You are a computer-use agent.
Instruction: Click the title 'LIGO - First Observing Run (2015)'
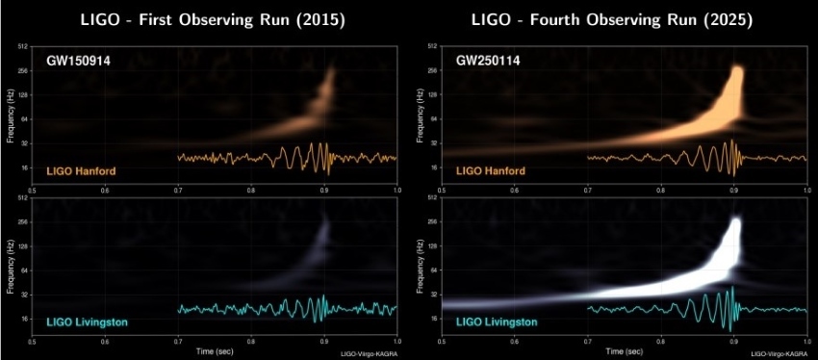click(215, 18)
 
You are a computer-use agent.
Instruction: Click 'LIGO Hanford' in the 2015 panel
click(78, 171)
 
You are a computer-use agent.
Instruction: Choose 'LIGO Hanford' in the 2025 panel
click(490, 171)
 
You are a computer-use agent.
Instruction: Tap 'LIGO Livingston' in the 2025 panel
click(495, 322)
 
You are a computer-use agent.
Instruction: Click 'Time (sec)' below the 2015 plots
click(215, 350)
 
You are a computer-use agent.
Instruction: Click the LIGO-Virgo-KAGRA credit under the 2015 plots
click(369, 354)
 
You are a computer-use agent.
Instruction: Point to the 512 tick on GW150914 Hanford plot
click(22, 46)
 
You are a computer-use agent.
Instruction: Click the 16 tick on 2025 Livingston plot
click(432, 319)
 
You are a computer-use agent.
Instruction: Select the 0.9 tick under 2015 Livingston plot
click(324, 342)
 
